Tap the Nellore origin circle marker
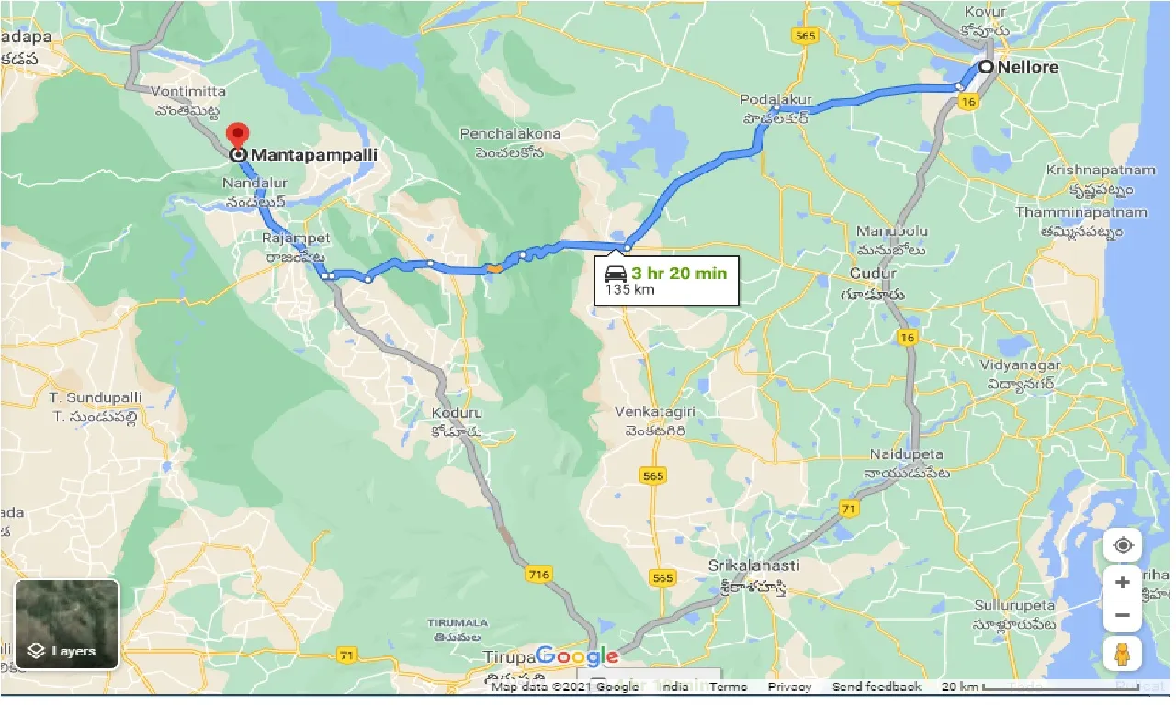986,67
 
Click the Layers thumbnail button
67,623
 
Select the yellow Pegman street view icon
1123,654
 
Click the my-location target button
1123,545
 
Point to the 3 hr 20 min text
678,273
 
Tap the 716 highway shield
538,575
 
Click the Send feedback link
876,687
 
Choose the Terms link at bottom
728,687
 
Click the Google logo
577,656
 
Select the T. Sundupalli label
97,397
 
